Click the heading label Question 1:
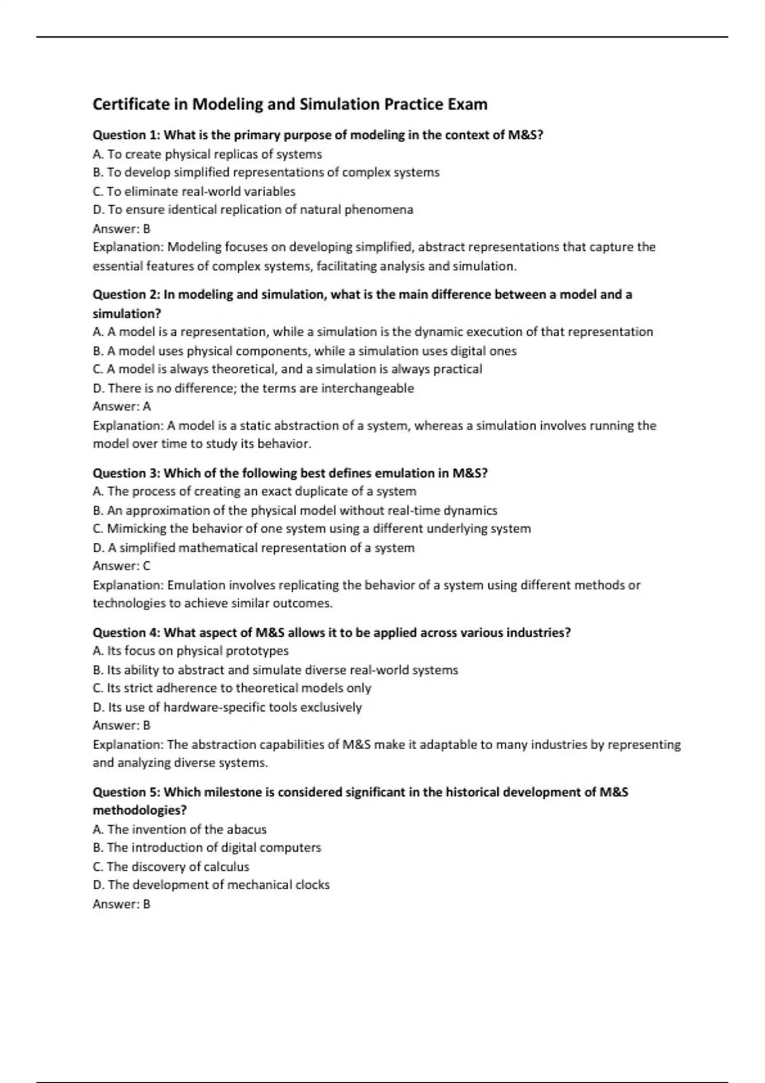click(x=126, y=135)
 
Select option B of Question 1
click(x=266, y=173)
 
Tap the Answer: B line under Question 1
click(x=121, y=229)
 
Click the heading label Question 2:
click(x=126, y=294)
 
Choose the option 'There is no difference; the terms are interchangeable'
click(x=253, y=388)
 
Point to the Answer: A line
click(x=121, y=406)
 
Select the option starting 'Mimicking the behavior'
click(x=312, y=529)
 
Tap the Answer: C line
click(x=121, y=566)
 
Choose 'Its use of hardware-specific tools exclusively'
click(x=227, y=707)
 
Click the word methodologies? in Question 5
click(x=140, y=810)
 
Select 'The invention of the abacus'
click(x=179, y=829)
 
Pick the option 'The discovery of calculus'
click(x=171, y=866)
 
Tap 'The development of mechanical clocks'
click(x=211, y=885)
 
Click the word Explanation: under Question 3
click(x=128, y=585)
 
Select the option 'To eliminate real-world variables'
click(x=194, y=191)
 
